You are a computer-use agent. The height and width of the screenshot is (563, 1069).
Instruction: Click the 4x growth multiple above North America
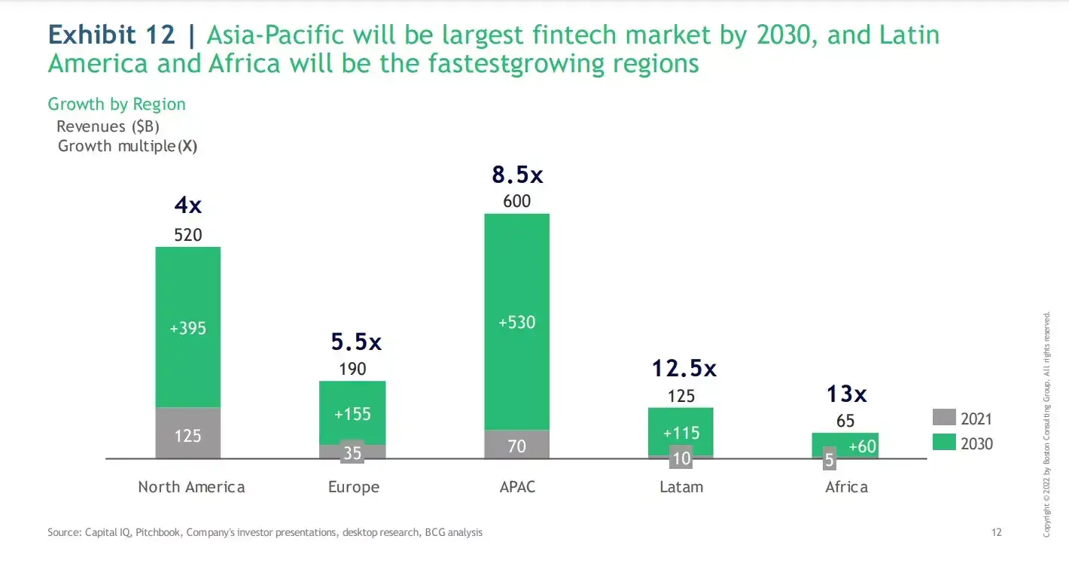pyautogui.click(x=188, y=205)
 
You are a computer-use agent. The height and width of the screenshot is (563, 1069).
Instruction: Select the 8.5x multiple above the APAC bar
pyautogui.click(x=516, y=175)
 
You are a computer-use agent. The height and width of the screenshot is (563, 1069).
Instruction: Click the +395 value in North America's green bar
pyautogui.click(x=188, y=328)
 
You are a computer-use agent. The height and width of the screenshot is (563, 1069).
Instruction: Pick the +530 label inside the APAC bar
pyautogui.click(x=516, y=322)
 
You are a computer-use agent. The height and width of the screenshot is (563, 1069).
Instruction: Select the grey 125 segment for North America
pyautogui.click(x=188, y=434)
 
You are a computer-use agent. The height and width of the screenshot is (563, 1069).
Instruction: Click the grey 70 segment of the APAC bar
pyautogui.click(x=516, y=446)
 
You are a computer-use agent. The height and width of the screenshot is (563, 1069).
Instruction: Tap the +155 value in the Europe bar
pyautogui.click(x=352, y=414)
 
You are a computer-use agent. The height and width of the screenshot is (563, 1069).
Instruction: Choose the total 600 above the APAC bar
pyautogui.click(x=516, y=201)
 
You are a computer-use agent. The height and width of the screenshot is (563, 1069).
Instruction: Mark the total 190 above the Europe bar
pyautogui.click(x=352, y=369)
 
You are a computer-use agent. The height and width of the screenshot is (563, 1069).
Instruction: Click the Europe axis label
pyautogui.click(x=353, y=487)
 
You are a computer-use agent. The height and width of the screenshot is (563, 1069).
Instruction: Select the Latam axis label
pyautogui.click(x=681, y=487)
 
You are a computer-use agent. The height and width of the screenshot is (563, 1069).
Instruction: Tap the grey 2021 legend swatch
pyautogui.click(x=943, y=418)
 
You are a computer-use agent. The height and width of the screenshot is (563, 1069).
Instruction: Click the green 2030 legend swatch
pyautogui.click(x=943, y=443)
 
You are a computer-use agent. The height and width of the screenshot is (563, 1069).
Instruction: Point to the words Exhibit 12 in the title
pyautogui.click(x=111, y=35)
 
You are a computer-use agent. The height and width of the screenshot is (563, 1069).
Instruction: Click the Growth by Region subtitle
pyautogui.click(x=117, y=104)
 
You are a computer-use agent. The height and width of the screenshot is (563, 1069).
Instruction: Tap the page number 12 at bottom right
pyautogui.click(x=997, y=532)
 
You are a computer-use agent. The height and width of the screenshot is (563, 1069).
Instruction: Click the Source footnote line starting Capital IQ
pyautogui.click(x=265, y=532)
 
